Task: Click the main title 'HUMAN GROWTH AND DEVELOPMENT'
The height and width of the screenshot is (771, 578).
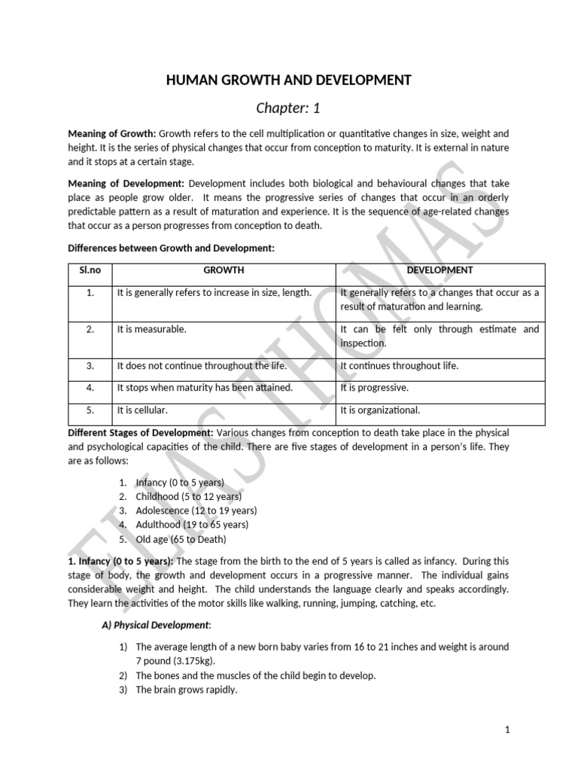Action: (289, 80)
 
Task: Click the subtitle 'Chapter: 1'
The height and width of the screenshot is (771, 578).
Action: (289, 108)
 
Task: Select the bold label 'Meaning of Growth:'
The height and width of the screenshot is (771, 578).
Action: (111, 133)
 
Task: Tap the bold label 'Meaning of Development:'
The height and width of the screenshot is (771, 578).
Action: (126, 183)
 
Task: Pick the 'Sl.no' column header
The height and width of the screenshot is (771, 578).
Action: (90, 270)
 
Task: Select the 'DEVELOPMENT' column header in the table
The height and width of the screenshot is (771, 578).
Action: (440, 270)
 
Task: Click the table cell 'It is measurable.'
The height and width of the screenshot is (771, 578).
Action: (151, 329)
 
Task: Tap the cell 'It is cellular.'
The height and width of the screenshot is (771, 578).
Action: (142, 410)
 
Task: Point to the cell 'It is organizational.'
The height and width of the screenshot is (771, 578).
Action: (380, 410)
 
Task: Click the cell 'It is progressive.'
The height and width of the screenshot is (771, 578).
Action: (374, 388)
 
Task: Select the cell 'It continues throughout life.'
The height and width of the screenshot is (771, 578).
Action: (399, 366)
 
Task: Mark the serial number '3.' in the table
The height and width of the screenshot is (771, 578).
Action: (90, 366)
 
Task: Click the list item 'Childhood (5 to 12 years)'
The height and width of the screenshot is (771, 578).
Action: (188, 496)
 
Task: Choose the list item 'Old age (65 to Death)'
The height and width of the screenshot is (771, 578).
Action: (181, 539)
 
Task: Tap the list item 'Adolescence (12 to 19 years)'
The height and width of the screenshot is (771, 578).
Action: (196, 510)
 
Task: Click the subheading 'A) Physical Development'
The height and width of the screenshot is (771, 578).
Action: (156, 625)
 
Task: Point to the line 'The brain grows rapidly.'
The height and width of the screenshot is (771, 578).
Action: (186, 689)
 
